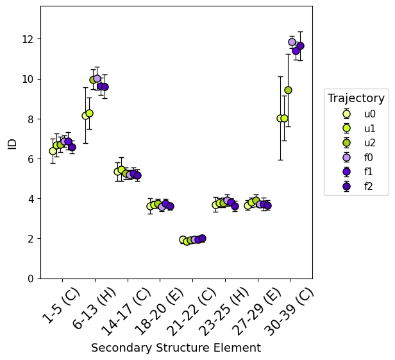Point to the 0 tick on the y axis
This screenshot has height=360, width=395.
pyautogui.click(x=32, y=279)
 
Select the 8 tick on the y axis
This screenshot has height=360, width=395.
pyautogui.click(x=32, y=119)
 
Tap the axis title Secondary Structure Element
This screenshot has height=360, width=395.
pyautogui.click(x=176, y=348)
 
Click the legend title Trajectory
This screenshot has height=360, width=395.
pyautogui.click(x=356, y=98)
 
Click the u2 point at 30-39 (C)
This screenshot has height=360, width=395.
pyautogui.click(x=288, y=90)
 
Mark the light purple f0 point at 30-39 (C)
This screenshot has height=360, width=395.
pyautogui.click(x=292, y=42)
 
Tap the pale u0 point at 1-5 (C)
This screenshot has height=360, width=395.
pyautogui.click(x=53, y=151)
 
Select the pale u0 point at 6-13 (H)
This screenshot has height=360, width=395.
pyautogui.click(x=85, y=116)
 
